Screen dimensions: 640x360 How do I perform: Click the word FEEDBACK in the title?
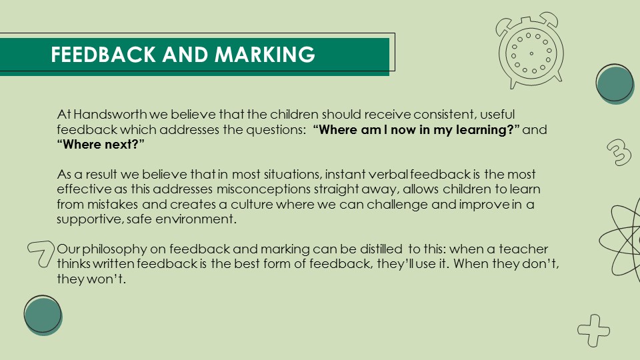click(x=103, y=54)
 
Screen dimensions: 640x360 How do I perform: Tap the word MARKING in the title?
click(x=265, y=54)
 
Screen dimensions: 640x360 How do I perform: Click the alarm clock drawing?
click(x=529, y=50)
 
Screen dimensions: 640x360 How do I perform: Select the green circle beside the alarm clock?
click(x=615, y=84)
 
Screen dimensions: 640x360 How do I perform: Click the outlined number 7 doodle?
click(x=41, y=253)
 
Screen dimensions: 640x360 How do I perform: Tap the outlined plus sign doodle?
click(x=594, y=330)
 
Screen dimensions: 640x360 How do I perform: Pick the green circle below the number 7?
click(x=43, y=315)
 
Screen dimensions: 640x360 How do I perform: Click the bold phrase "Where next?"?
click(x=101, y=145)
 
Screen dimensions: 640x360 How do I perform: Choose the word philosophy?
click(x=114, y=249)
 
